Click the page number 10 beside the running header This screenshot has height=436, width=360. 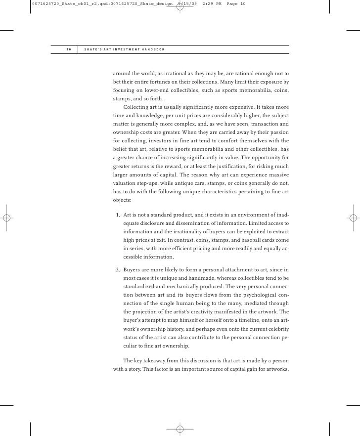[x=68, y=49]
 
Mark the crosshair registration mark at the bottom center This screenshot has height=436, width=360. [x=180, y=429]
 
